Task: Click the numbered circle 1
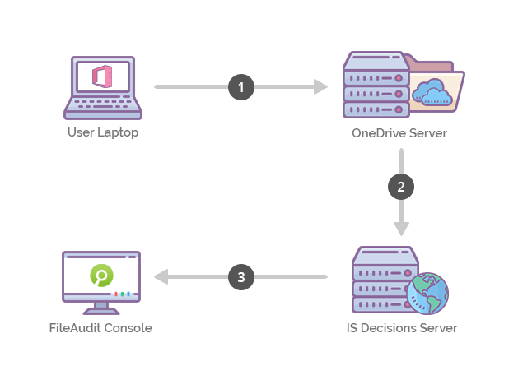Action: point(240,86)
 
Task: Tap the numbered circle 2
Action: point(401,186)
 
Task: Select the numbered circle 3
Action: point(240,277)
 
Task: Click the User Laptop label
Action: point(103,132)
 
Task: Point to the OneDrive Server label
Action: point(399,132)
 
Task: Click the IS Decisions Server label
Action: point(402,328)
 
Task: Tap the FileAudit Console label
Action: point(100,328)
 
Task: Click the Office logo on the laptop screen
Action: point(103,76)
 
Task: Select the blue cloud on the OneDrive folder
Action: point(434,91)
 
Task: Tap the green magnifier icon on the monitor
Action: point(101,276)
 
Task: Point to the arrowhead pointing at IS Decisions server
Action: point(401,229)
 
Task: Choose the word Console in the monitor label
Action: point(128,328)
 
